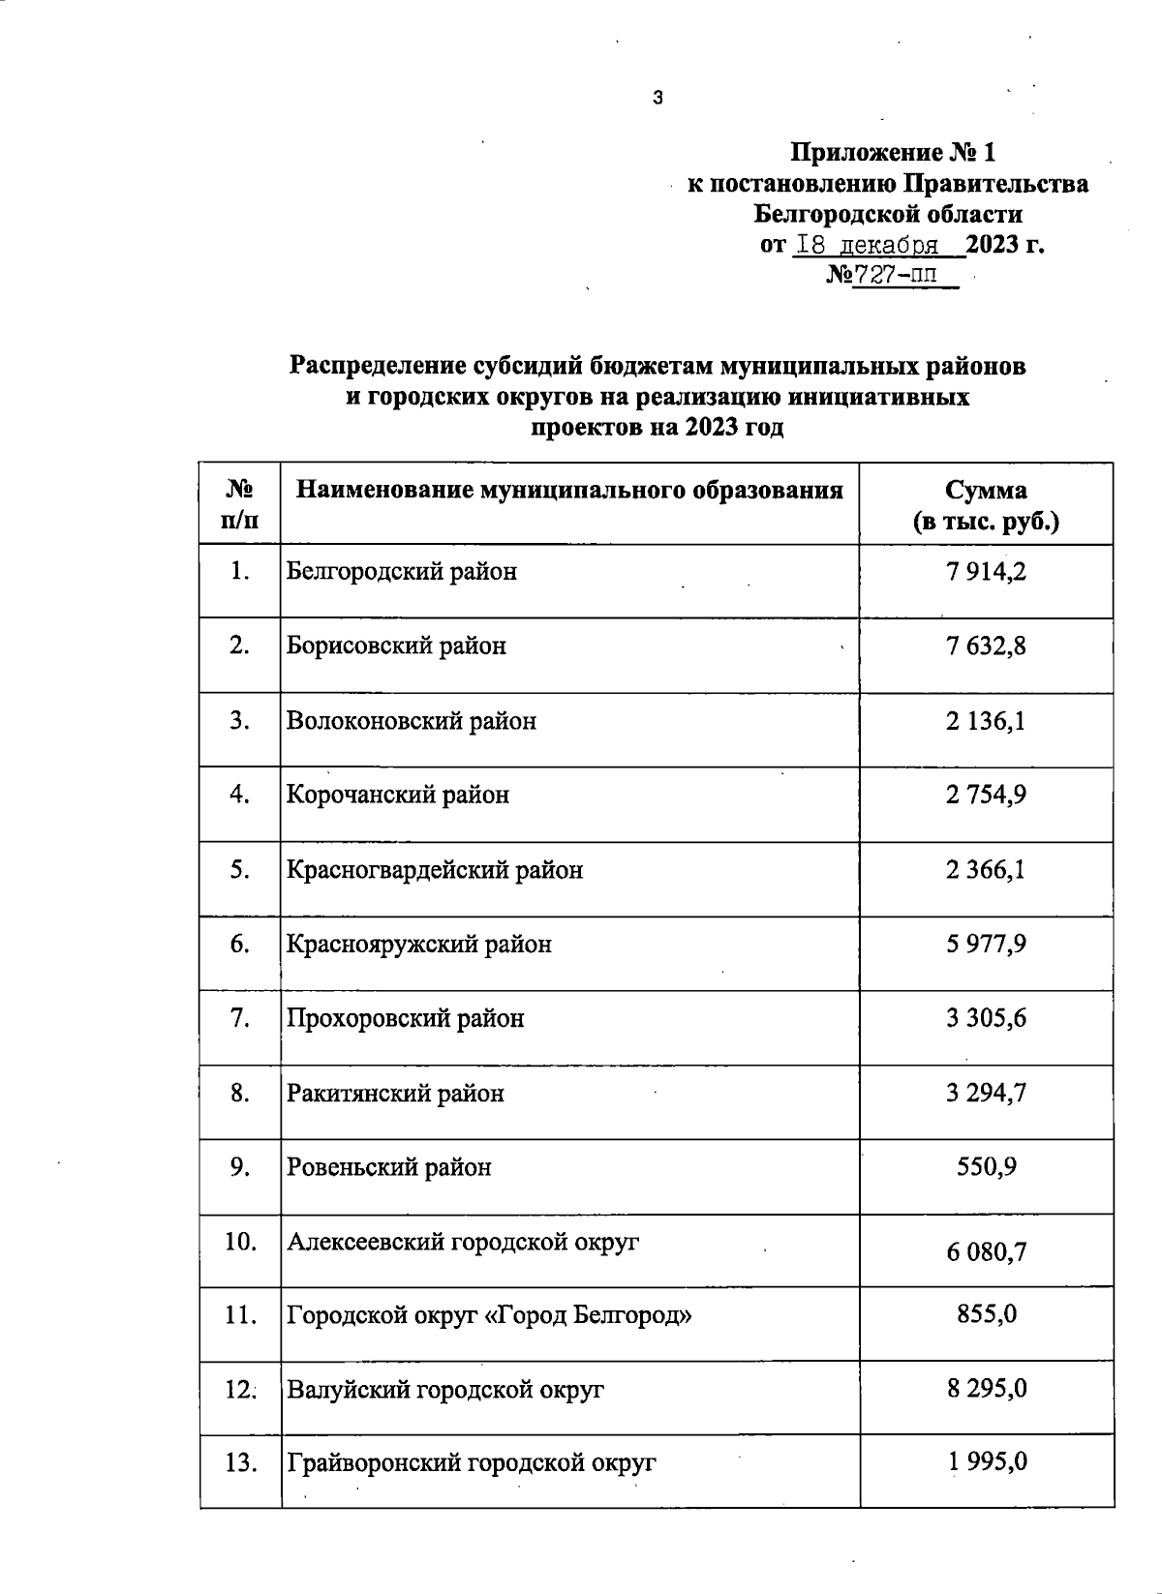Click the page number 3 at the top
pyautogui.click(x=658, y=97)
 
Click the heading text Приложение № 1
pyautogui.click(x=893, y=153)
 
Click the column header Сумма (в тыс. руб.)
pyautogui.click(x=986, y=505)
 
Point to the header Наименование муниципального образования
pyautogui.click(x=569, y=490)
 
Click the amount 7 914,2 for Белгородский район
pyautogui.click(x=986, y=571)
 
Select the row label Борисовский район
pyautogui.click(x=396, y=646)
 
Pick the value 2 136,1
pyautogui.click(x=986, y=721)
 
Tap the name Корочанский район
pyautogui.click(x=398, y=795)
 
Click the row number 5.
pyautogui.click(x=240, y=869)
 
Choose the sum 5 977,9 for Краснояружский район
pyautogui.click(x=986, y=944)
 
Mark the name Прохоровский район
pyautogui.click(x=406, y=1018)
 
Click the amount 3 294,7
pyautogui.click(x=986, y=1093)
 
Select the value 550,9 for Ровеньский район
pyautogui.click(x=986, y=1167)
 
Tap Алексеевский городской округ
pyautogui.click(x=463, y=1242)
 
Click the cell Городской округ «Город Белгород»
pyautogui.click(x=489, y=1316)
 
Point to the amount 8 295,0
pyautogui.click(x=986, y=1389)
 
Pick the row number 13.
pyautogui.click(x=240, y=1462)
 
